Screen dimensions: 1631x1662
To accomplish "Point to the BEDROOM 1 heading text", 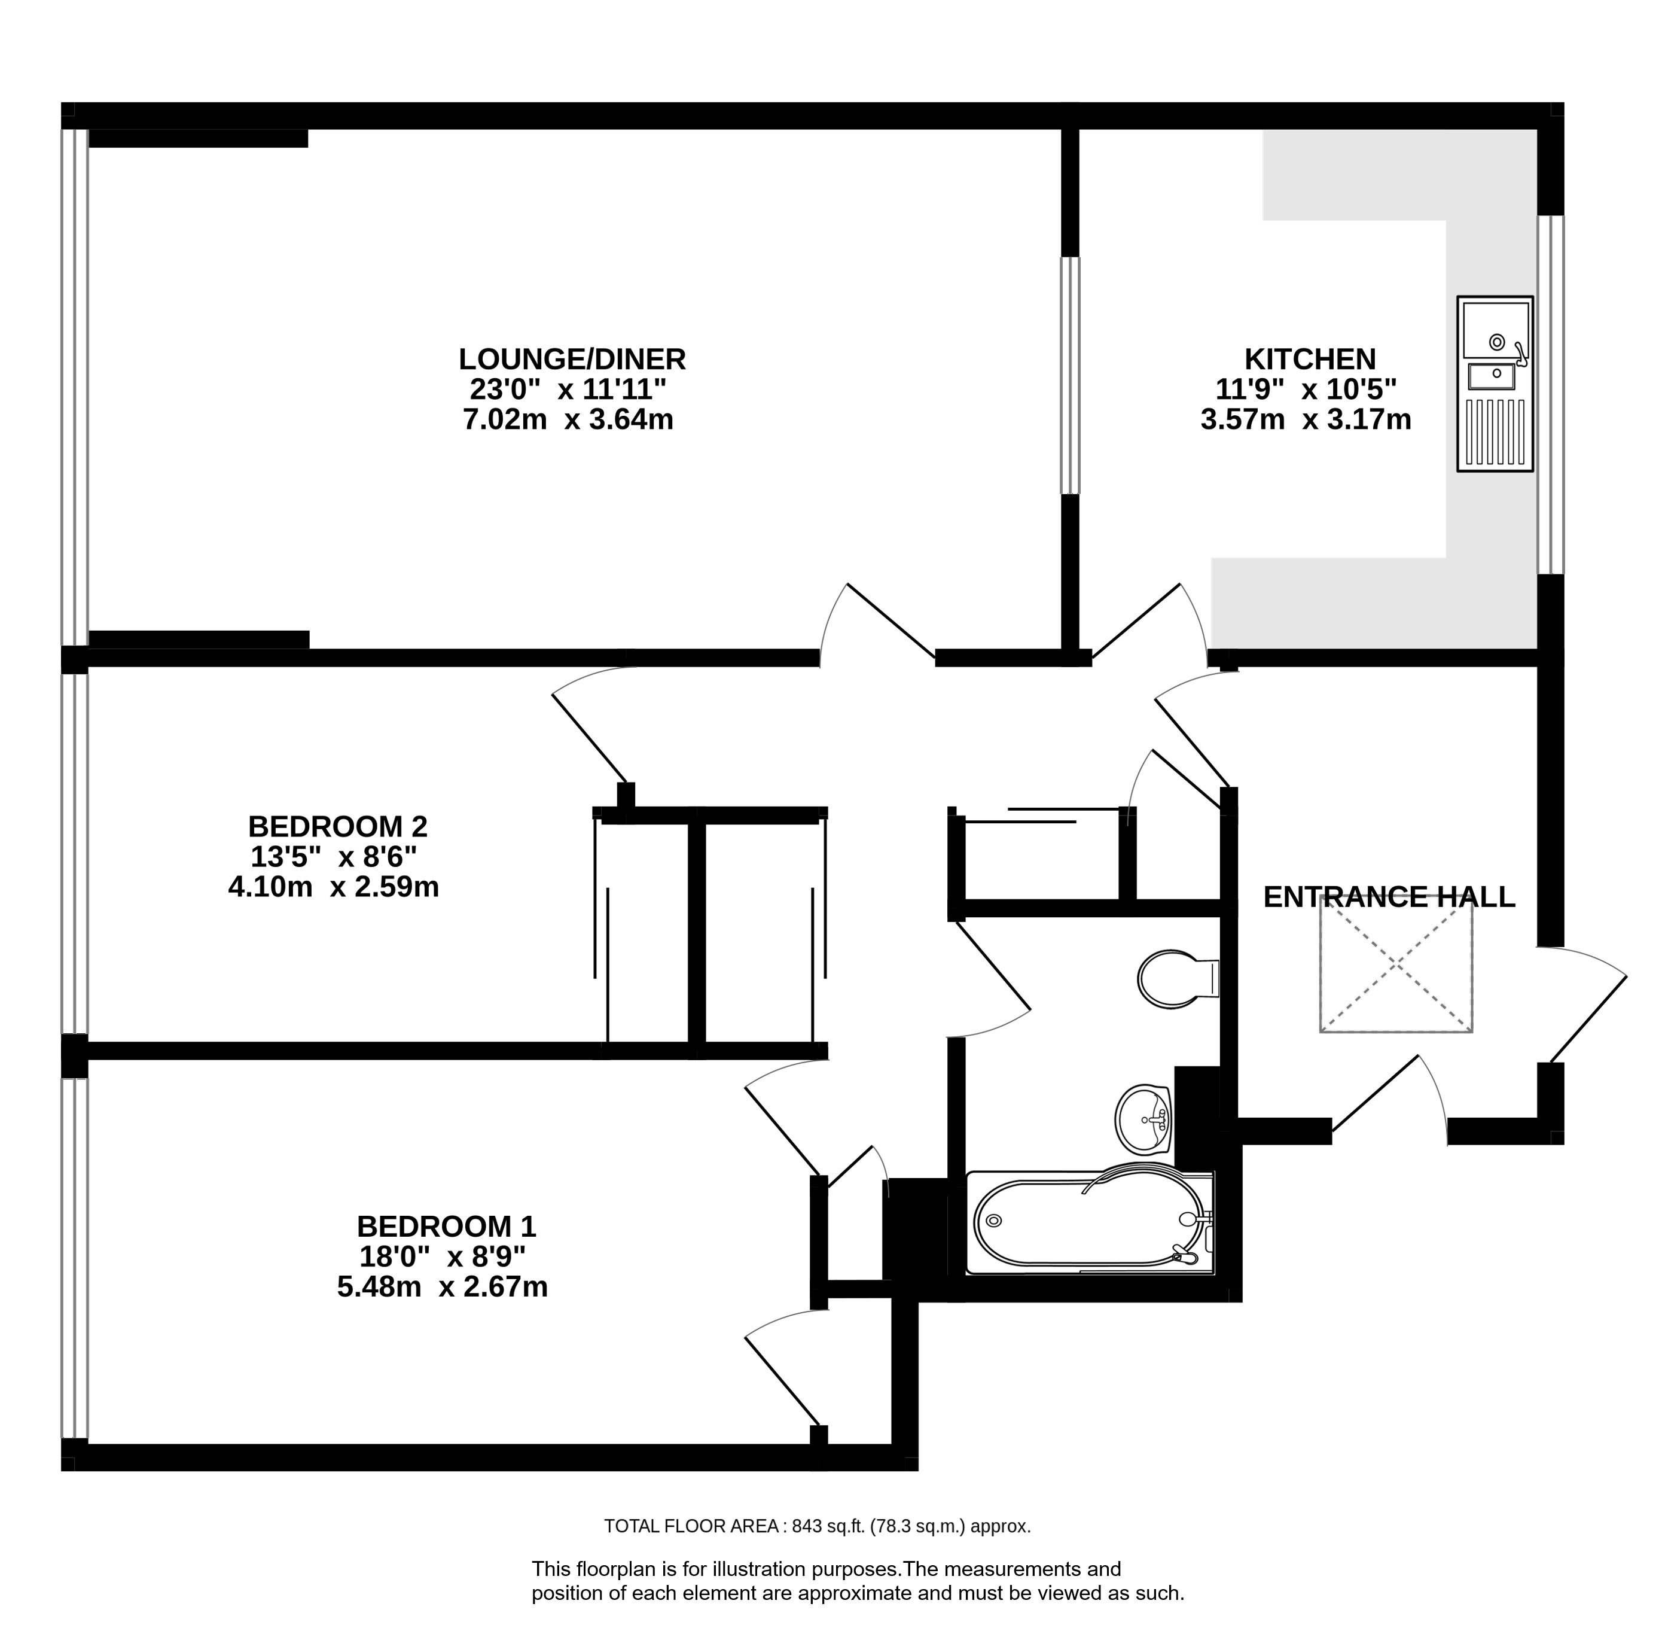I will click(x=446, y=1226).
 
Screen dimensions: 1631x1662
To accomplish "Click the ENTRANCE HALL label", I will click(x=1389, y=897).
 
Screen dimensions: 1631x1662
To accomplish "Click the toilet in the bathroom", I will click(x=1173, y=978).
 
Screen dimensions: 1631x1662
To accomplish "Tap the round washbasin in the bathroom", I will click(x=1144, y=1119).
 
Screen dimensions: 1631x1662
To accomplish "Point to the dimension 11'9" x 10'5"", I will click(x=1306, y=390).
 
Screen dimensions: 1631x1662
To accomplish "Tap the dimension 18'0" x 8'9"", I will click(x=443, y=1256).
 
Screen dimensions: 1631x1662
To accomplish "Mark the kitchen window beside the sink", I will click(x=1550, y=394).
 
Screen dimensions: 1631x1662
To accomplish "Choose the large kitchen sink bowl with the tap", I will click(x=1495, y=330).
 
